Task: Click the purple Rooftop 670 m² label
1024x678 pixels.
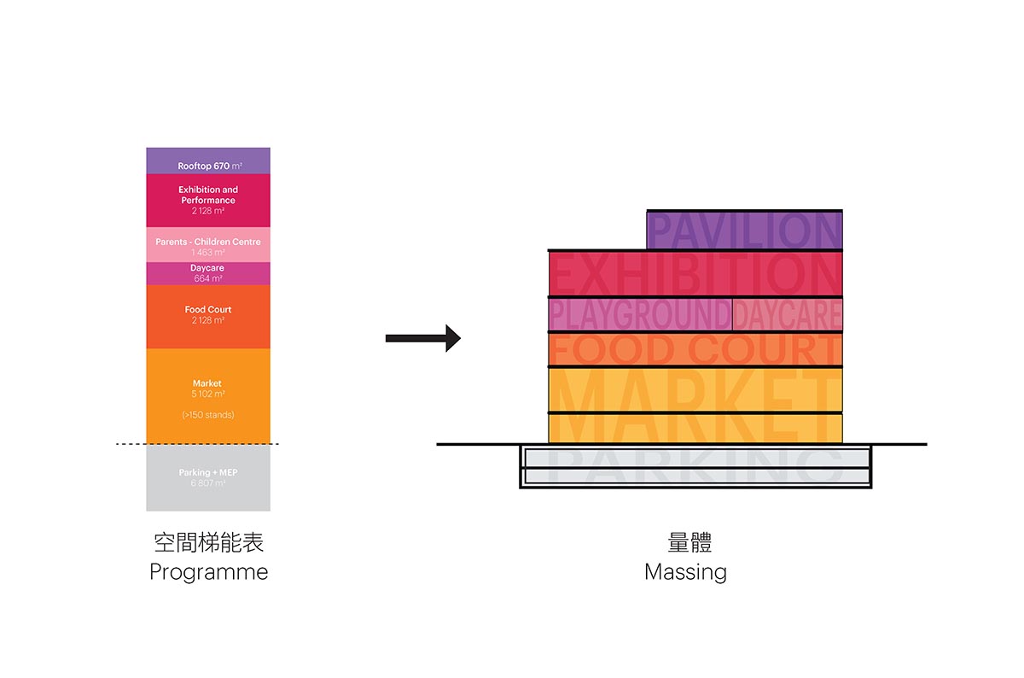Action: [208, 166]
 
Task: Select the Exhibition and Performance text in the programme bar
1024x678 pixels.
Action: [208, 195]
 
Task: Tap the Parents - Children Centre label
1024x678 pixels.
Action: [208, 243]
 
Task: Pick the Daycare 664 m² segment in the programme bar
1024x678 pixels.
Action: [208, 273]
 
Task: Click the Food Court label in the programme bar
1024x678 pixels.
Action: [208, 310]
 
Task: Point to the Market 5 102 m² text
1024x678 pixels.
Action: [208, 389]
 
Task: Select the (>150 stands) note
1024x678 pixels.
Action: [208, 415]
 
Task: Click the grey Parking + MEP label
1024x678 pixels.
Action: [208, 473]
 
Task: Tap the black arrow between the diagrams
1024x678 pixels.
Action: [423, 339]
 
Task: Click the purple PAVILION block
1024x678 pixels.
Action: [744, 231]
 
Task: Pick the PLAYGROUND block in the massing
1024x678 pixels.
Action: [640, 314]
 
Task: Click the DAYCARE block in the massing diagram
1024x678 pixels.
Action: [787, 314]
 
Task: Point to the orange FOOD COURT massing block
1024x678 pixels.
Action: [695, 349]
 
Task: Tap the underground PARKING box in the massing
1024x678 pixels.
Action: [695, 466]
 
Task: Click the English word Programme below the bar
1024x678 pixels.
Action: [208, 572]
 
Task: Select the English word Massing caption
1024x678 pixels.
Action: [685, 572]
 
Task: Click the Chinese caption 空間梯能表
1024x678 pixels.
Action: [208, 543]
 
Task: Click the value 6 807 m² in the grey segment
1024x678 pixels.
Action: [208, 483]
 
